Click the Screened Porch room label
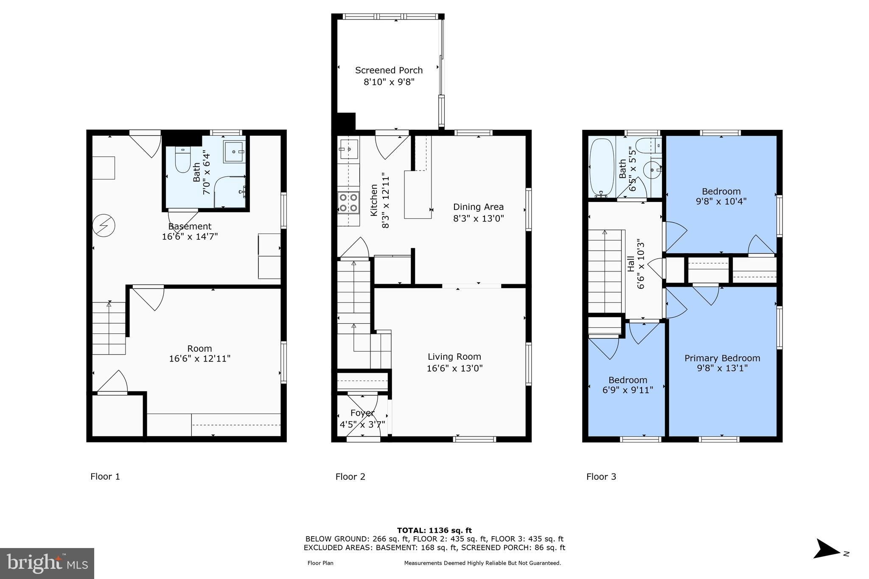[389, 70]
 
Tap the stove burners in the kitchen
[348, 202]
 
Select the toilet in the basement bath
[183, 160]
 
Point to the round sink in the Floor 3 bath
[652, 170]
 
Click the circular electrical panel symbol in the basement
[104, 225]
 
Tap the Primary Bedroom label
[722, 358]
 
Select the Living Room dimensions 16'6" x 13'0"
[454, 368]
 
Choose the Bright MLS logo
[47, 563]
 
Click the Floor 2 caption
[350, 476]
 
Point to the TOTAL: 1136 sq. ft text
[434, 530]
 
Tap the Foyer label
[362, 413]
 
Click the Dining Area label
[478, 207]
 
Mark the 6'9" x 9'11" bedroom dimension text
[628, 390]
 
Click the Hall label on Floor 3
[631, 264]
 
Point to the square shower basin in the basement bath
[234, 151]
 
